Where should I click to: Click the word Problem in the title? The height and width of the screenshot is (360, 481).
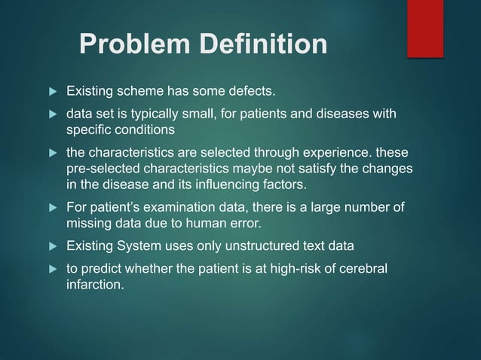tap(133, 44)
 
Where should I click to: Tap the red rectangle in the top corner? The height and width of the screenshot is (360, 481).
tap(425, 28)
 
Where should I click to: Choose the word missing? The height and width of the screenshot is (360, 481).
tap(88, 220)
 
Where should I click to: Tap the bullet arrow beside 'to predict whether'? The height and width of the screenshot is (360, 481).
tap(53, 269)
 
